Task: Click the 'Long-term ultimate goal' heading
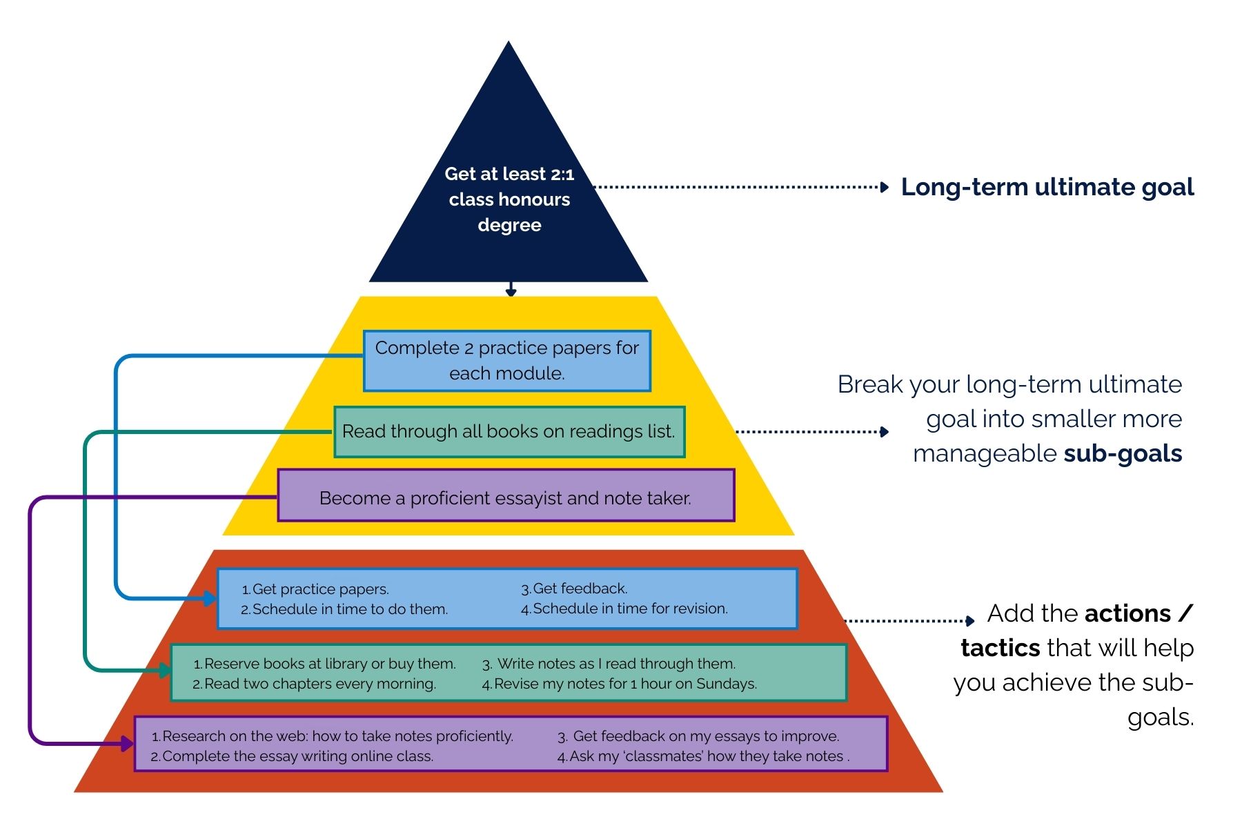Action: [x=1047, y=187]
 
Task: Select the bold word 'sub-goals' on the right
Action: [x=1123, y=453]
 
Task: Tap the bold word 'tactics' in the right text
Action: [x=1000, y=648]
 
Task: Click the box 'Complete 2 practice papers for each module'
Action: [x=506, y=360]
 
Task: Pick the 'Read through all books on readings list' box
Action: [x=509, y=431]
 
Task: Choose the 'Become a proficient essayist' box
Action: [x=505, y=497]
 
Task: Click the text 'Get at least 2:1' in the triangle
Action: [x=509, y=174]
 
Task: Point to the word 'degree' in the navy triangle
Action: [x=509, y=225]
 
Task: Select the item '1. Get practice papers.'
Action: [x=315, y=589]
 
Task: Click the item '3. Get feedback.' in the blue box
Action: [x=574, y=589]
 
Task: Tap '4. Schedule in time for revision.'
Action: [x=624, y=609]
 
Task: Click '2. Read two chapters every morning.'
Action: [x=315, y=684]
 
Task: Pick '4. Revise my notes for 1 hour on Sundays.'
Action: [x=620, y=684]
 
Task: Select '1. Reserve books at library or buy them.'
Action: [x=324, y=664]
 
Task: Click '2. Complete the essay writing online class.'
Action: [x=293, y=756]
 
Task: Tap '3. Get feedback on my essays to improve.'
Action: [x=698, y=736]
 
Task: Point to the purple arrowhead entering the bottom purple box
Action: [x=128, y=743]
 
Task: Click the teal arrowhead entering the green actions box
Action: [x=166, y=670]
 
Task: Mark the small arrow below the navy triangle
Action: [x=511, y=290]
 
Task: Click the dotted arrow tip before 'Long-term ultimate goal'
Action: [x=885, y=187]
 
